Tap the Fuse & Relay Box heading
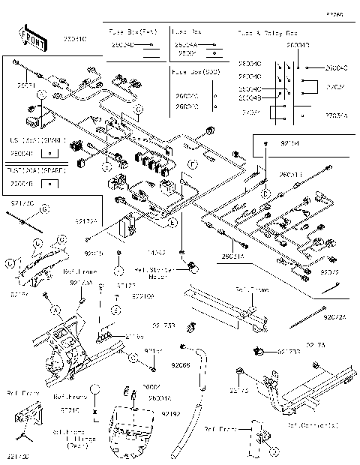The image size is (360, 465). (268, 34)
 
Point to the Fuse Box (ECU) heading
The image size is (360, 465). (196, 72)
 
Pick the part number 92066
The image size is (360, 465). (181, 366)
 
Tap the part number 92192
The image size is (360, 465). (171, 413)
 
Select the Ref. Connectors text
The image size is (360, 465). (312, 424)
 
